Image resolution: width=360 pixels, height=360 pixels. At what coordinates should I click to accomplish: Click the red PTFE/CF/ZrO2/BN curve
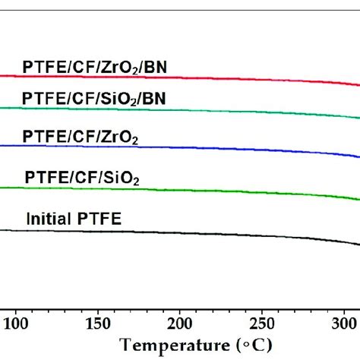pyautogui.click(x=228, y=78)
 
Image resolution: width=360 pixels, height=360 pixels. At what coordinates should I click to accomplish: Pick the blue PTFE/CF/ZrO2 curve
pyautogui.click(x=228, y=147)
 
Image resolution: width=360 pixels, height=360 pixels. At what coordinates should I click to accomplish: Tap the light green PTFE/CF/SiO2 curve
pyautogui.click(x=228, y=191)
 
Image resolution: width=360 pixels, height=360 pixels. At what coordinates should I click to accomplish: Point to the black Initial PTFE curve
pyautogui.click(x=228, y=234)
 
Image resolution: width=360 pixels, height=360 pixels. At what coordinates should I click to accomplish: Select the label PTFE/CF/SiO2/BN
pyautogui.click(x=96, y=99)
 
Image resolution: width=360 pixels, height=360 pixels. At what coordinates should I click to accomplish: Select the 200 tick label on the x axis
pyautogui.click(x=180, y=317)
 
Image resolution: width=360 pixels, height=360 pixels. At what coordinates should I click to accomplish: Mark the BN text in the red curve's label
pyautogui.click(x=157, y=67)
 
